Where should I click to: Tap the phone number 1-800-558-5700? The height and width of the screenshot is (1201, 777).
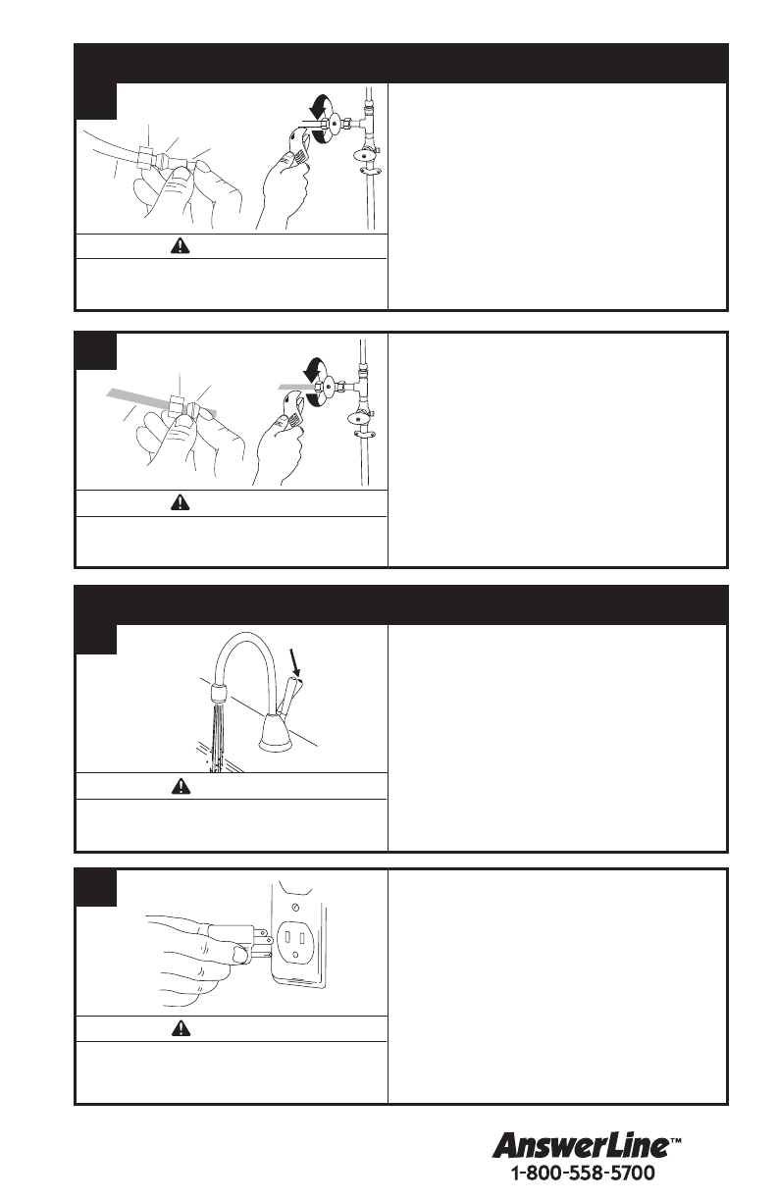(x=583, y=1173)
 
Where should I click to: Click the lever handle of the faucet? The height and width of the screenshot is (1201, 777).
(x=289, y=696)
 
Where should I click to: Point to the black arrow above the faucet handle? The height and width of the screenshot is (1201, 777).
(x=295, y=662)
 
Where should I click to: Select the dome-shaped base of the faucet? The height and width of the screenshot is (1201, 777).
(x=276, y=733)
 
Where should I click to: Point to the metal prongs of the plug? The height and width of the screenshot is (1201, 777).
(x=262, y=943)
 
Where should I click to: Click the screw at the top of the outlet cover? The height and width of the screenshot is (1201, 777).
(x=295, y=908)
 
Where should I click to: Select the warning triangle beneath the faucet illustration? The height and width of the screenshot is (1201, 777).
(x=181, y=786)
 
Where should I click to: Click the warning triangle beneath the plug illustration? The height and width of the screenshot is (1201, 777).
(x=181, y=1028)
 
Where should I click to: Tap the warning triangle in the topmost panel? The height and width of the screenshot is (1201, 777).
(x=181, y=245)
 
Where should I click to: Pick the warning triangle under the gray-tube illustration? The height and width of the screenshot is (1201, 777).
(x=181, y=502)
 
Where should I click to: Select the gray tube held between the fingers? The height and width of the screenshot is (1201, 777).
(x=161, y=401)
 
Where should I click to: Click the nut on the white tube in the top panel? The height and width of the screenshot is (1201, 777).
(x=146, y=158)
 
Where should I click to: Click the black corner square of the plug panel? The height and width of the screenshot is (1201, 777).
(x=95, y=888)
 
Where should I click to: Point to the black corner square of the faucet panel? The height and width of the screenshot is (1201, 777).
(x=95, y=639)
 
